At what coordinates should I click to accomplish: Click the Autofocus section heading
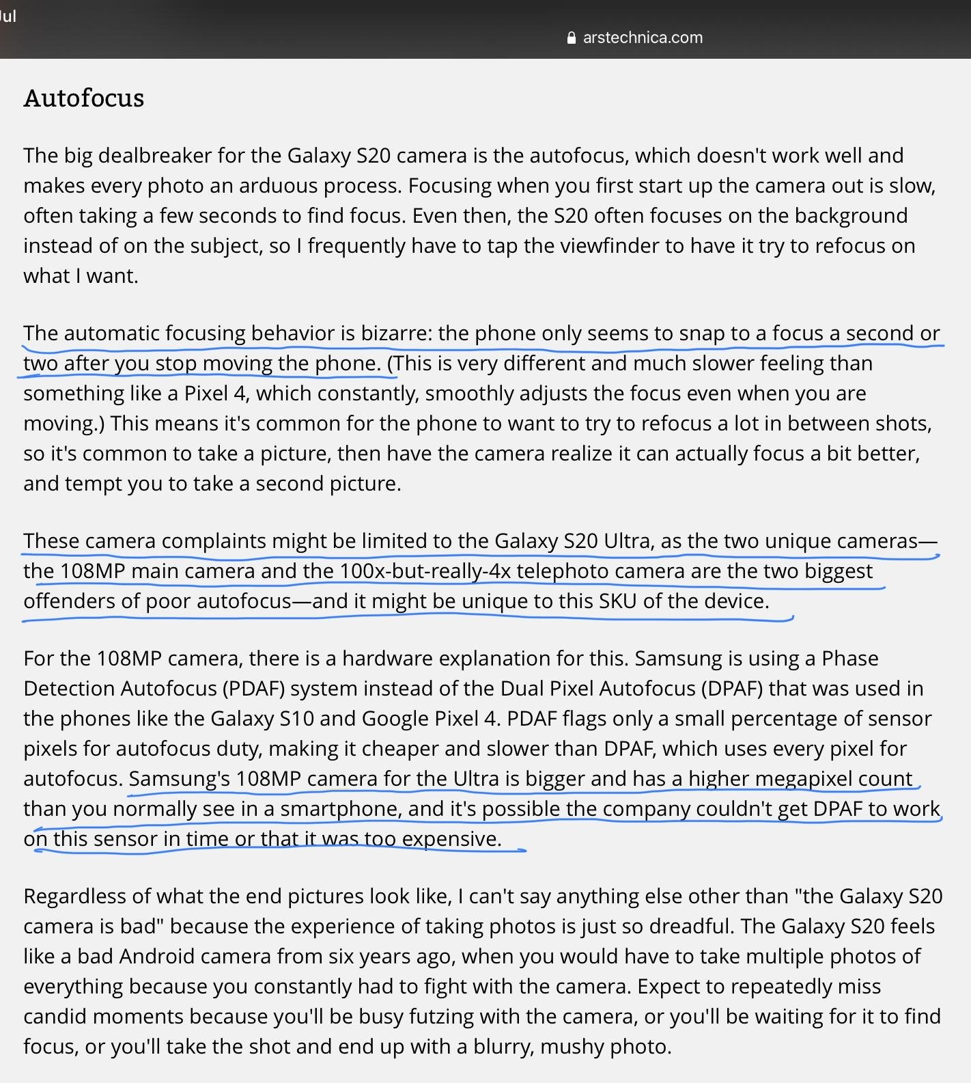(x=84, y=98)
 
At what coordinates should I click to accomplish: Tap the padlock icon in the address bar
(x=572, y=38)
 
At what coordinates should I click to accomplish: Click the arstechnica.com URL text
(x=643, y=38)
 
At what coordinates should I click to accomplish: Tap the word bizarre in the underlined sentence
(x=396, y=333)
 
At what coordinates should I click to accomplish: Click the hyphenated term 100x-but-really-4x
(x=425, y=571)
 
